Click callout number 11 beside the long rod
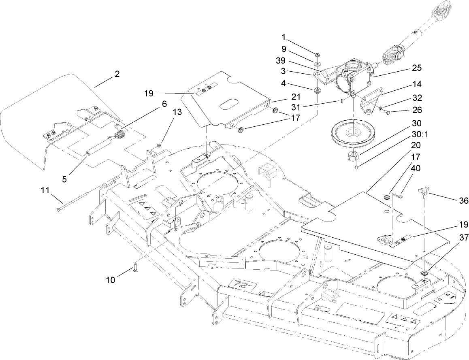[x=45, y=190]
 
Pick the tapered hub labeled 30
[x=353, y=156]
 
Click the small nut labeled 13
[x=160, y=145]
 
